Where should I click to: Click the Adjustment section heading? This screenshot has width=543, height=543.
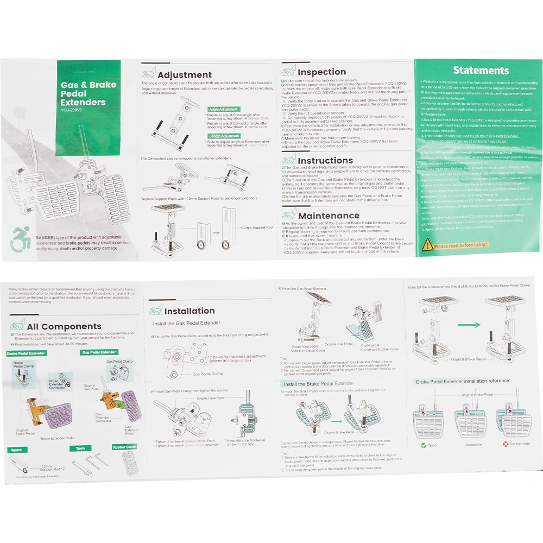point(184,75)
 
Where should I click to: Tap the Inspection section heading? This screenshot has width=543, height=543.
point(321,72)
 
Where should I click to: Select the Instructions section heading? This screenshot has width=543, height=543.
point(325,161)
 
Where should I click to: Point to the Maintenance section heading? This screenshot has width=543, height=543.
point(329,216)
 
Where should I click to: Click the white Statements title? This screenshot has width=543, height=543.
point(481,70)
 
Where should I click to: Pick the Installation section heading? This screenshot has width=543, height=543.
point(190,311)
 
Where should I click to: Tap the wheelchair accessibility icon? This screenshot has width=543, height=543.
point(20,239)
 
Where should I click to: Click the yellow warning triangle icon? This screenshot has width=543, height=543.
point(428,245)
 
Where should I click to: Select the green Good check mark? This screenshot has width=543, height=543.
point(423,445)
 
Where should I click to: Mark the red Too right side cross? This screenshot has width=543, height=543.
point(505,444)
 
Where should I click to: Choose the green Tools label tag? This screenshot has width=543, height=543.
point(80,449)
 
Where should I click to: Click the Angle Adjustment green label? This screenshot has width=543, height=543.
point(223,109)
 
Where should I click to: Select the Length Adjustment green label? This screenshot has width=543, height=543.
point(223,136)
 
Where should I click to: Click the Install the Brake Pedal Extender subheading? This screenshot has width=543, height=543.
point(319,384)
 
